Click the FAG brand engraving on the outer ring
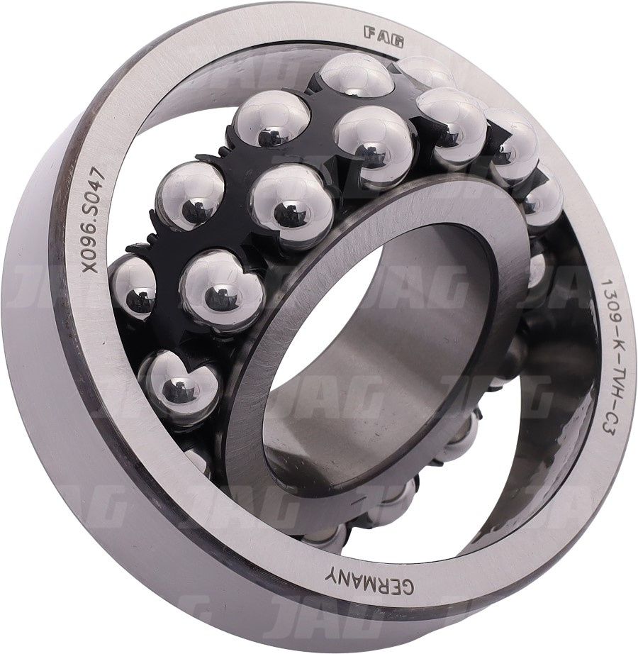tap(384, 37)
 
